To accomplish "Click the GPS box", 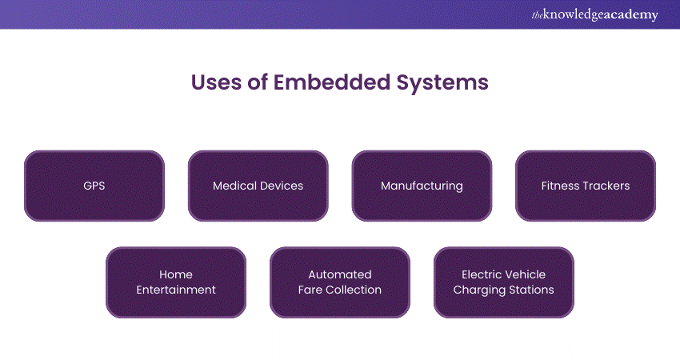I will [x=94, y=186].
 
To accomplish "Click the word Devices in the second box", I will [x=282, y=186].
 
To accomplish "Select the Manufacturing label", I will [x=422, y=186].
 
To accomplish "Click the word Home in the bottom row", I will [x=176, y=274].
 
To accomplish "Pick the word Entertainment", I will [x=176, y=290].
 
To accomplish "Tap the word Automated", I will [x=340, y=274].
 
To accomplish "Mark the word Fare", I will [x=310, y=290].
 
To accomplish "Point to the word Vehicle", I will [x=526, y=274].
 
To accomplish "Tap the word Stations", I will [x=530, y=290].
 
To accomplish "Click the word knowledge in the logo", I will [x=574, y=15].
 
